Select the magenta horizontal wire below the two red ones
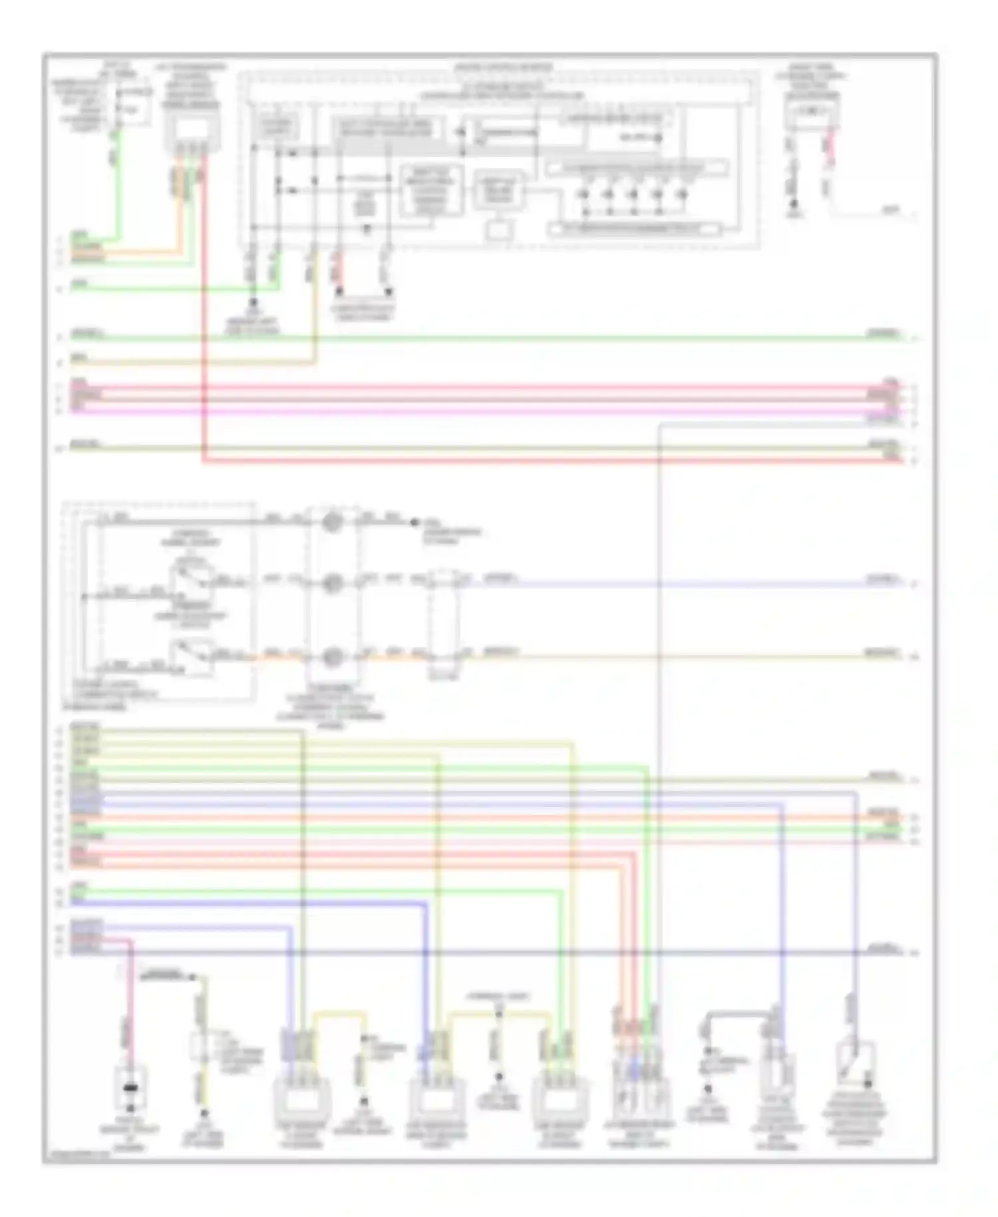tap(466, 411)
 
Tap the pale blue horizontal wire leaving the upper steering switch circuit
tap(665, 584)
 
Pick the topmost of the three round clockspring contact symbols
tap(332, 522)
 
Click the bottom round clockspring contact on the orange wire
tap(332, 657)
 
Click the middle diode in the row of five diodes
tap(633, 194)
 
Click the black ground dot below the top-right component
tap(793, 214)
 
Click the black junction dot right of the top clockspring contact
tap(414, 522)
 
